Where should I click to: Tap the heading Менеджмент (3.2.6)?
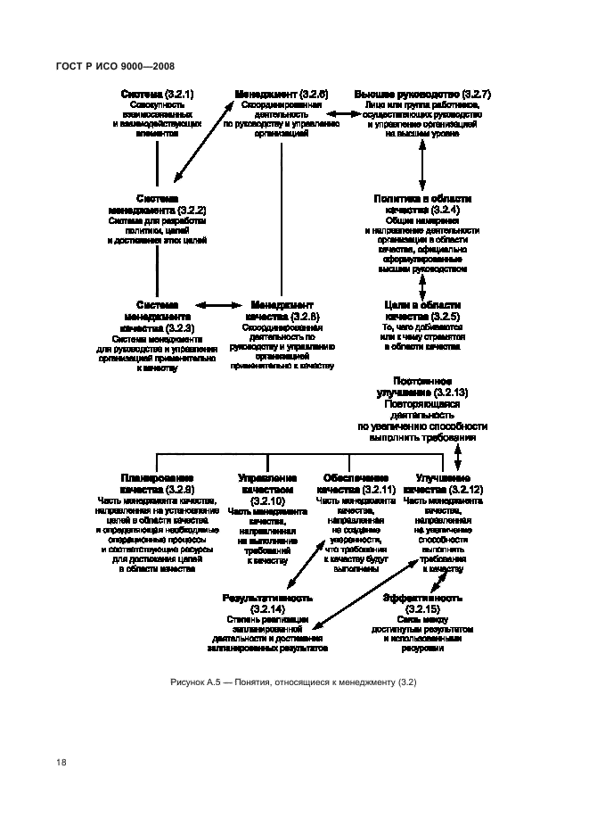point(281,94)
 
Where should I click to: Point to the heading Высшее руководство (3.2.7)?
point(422,94)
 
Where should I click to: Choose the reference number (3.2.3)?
point(175,328)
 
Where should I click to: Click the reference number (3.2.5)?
point(445,317)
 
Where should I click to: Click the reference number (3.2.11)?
point(377,490)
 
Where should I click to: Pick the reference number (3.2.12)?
point(465,490)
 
